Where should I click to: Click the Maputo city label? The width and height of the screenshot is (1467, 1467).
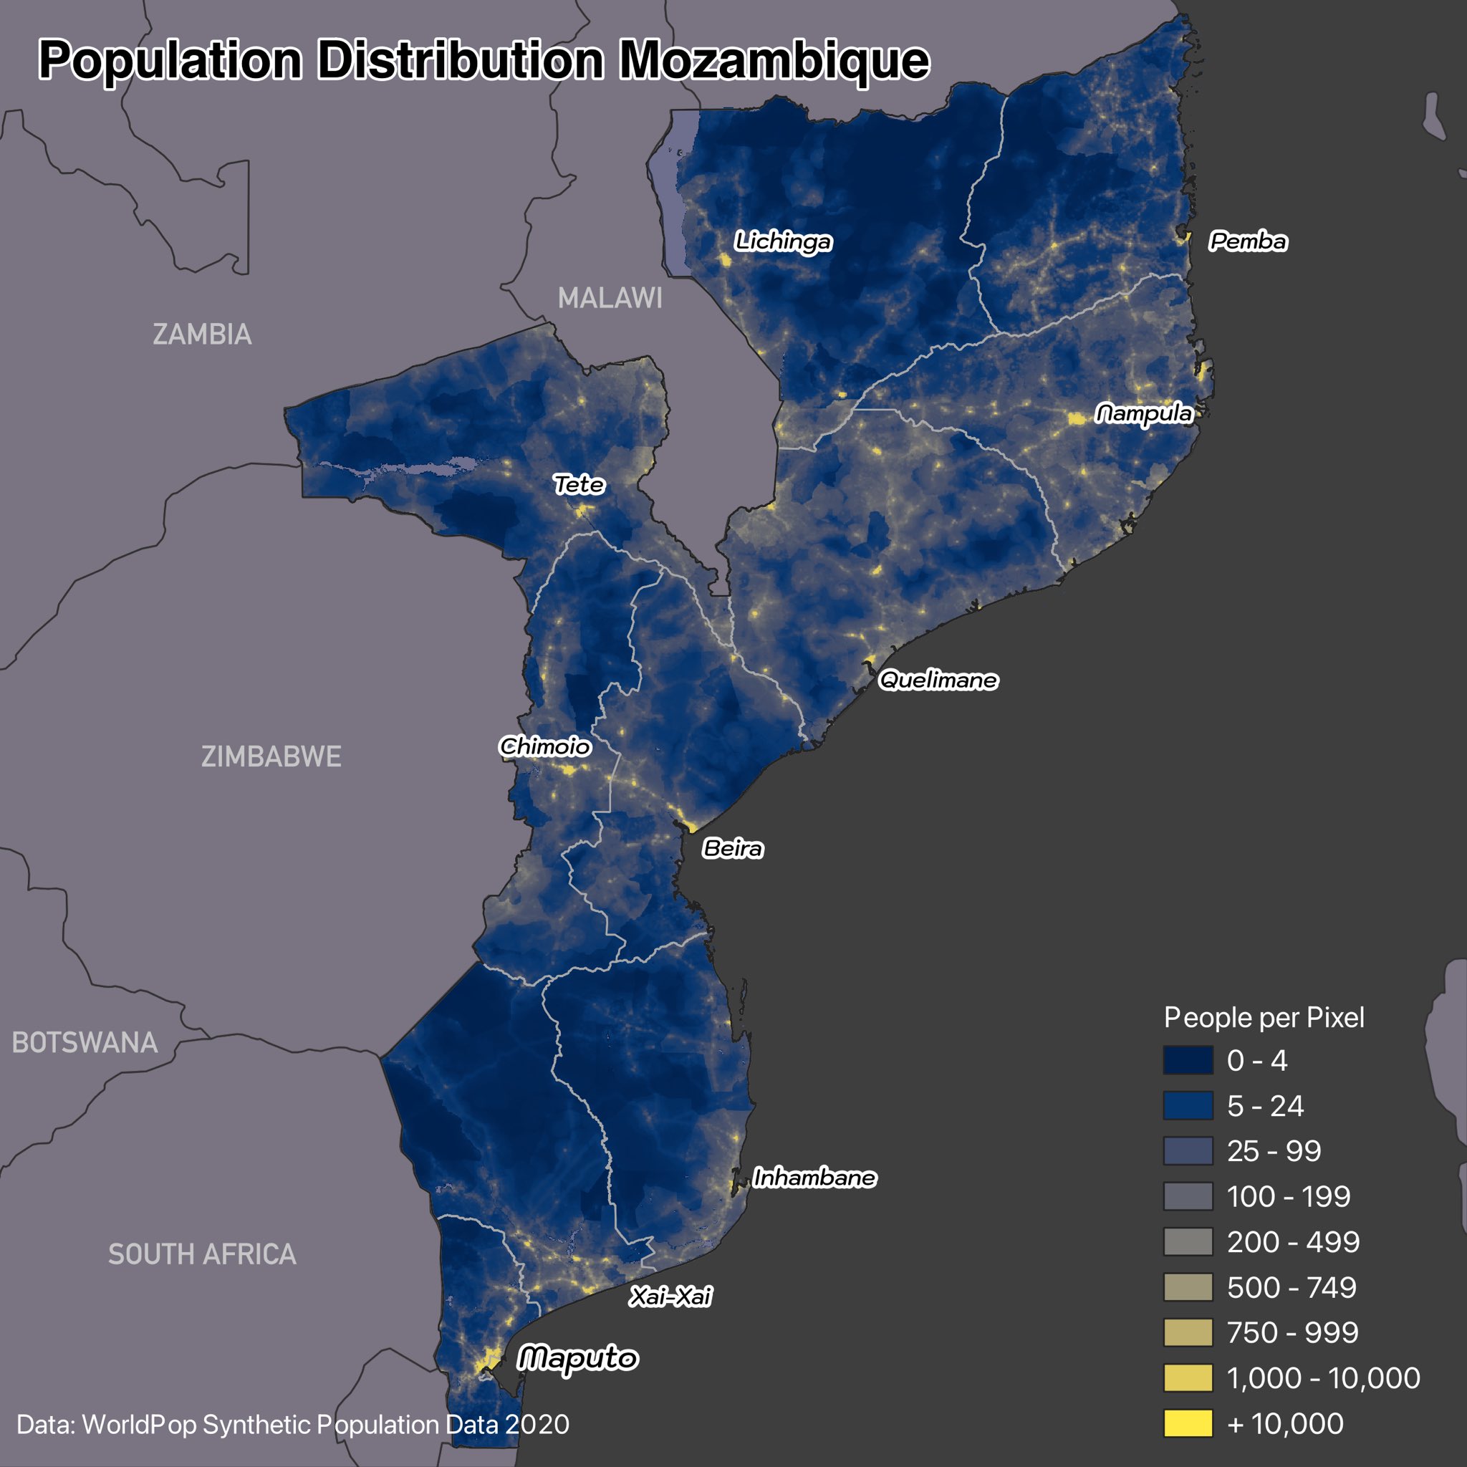[x=577, y=1358]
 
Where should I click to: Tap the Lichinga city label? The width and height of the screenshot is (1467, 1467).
[x=783, y=241]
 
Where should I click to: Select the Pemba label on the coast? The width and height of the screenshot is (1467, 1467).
[x=1248, y=241]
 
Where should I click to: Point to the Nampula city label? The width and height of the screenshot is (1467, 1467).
[x=1143, y=414]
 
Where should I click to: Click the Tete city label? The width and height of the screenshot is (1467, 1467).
[x=579, y=484]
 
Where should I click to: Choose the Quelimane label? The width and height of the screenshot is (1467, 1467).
[x=938, y=680]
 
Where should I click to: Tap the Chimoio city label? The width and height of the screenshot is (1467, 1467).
[x=544, y=746]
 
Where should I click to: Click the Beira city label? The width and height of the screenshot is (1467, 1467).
[x=732, y=848]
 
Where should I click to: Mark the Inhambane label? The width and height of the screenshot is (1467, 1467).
[x=814, y=1178]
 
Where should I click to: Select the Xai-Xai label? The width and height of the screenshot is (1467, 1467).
[x=670, y=1296]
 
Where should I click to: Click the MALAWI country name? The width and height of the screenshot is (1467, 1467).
[x=610, y=299]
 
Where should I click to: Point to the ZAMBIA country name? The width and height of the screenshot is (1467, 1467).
[x=202, y=335]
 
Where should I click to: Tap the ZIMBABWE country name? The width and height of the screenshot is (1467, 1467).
[x=271, y=757]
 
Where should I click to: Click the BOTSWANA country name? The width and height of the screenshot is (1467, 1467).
[x=85, y=1042]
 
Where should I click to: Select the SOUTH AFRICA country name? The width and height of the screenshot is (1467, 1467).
[x=202, y=1254]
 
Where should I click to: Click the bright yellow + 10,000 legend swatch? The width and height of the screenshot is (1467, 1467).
[x=1188, y=1423]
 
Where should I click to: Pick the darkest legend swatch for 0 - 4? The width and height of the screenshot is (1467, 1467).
[x=1188, y=1061]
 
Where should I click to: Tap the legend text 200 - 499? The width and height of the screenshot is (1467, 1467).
[x=1293, y=1242]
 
